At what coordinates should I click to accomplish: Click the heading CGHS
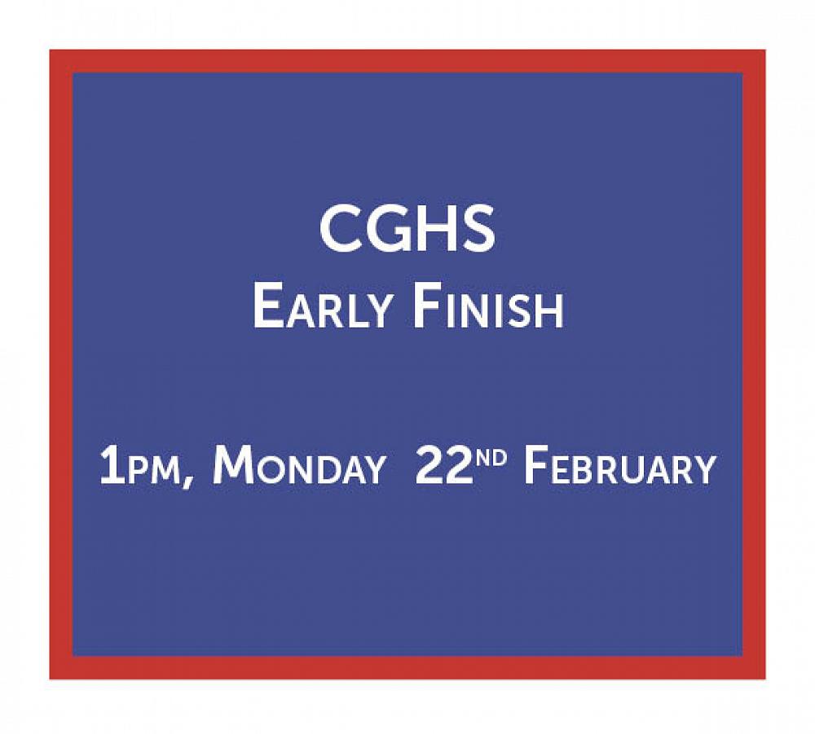(407, 229)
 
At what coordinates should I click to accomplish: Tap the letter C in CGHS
(339, 229)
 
